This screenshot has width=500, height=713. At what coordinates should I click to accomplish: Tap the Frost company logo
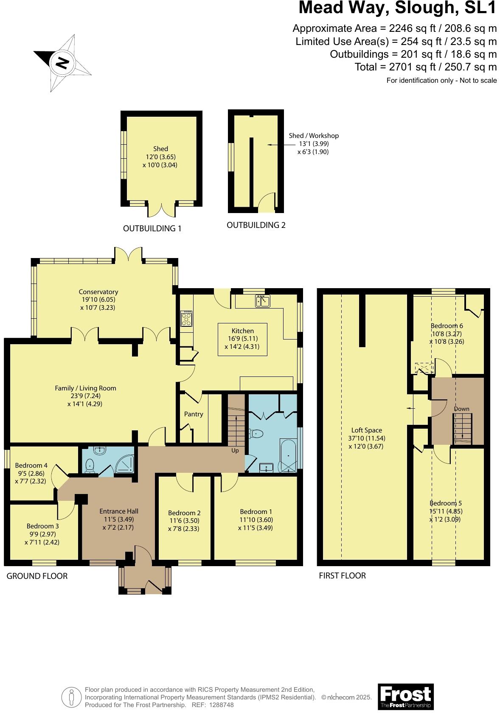tap(405, 696)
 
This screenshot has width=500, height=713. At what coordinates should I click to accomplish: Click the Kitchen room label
tap(242, 331)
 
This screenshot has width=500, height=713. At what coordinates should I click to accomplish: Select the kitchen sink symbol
tap(263, 301)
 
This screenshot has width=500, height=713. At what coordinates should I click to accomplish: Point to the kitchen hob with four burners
tap(186, 318)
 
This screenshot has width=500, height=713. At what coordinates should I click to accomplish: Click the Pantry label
tap(194, 414)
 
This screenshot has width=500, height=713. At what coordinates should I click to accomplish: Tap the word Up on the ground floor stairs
tap(235, 450)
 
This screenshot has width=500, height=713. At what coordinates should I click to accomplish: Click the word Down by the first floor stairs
tap(461, 409)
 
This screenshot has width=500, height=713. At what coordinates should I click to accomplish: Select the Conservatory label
tap(98, 292)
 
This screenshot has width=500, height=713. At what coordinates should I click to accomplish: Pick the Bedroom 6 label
tap(447, 326)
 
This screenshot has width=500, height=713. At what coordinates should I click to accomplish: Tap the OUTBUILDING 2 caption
tap(256, 225)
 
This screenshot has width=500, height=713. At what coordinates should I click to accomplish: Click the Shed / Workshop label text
tap(314, 135)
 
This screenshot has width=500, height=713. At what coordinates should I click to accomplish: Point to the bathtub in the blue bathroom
tap(289, 456)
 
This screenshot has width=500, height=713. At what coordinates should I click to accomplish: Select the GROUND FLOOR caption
tap(37, 576)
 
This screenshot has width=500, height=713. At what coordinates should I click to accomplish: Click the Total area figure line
tap(425, 67)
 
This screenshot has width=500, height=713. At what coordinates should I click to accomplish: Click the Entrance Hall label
tap(119, 511)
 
